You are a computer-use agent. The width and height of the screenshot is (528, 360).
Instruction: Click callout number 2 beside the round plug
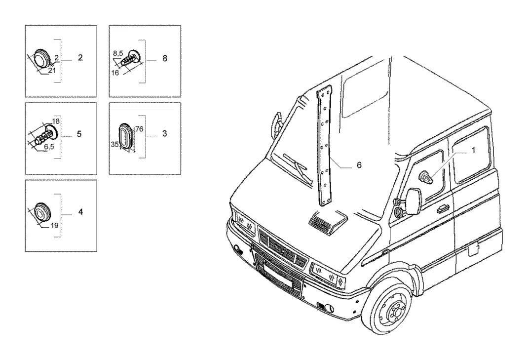[80, 58]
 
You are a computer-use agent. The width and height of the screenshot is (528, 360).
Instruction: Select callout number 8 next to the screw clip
[165, 58]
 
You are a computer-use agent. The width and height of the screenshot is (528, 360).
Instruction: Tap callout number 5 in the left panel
[79, 134]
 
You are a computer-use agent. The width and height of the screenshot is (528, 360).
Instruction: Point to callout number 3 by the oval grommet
[164, 133]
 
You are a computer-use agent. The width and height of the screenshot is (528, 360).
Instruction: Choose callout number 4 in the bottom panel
[80, 212]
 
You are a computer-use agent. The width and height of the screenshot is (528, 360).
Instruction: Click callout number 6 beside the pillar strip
[359, 165]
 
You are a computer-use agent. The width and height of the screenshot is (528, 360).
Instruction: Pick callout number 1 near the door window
[473, 150]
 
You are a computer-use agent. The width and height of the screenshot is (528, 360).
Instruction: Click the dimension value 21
[52, 71]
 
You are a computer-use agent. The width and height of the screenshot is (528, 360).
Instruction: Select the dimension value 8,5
[118, 53]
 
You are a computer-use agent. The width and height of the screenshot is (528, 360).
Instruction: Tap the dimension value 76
[139, 129]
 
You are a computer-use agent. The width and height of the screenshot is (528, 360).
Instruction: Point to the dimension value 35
[114, 144]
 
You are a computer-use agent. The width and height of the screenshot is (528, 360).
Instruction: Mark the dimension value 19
[54, 226]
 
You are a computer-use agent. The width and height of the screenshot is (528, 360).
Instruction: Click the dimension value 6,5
[49, 147]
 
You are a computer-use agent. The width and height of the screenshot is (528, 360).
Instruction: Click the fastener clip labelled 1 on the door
[426, 177]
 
